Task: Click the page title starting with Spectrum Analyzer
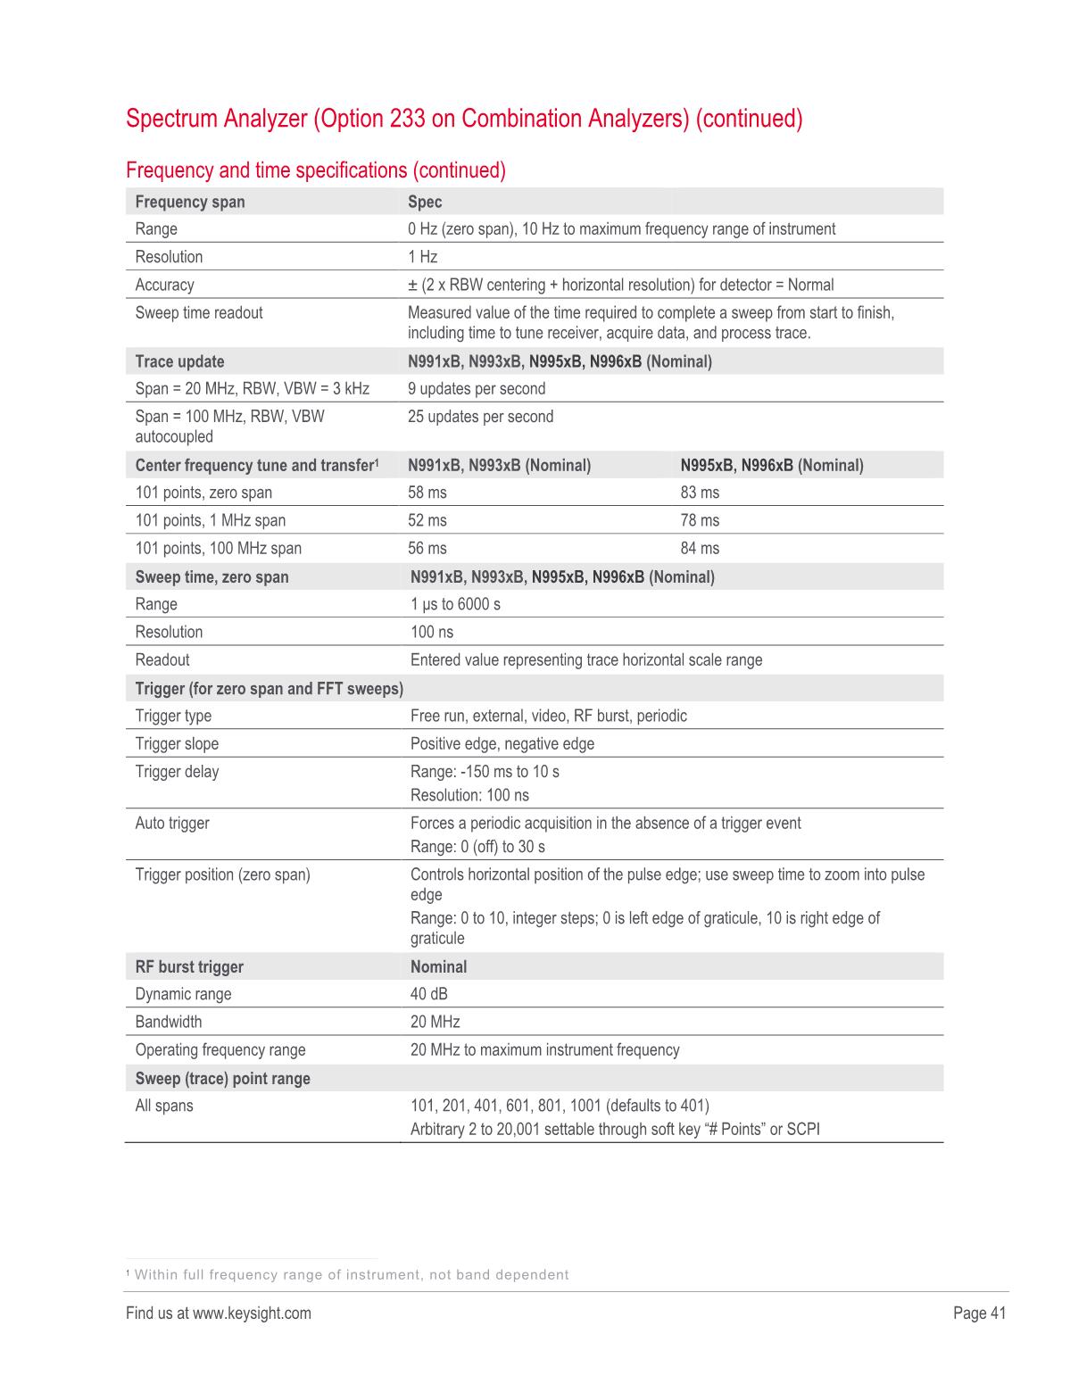click(464, 119)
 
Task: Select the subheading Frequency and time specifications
click(316, 170)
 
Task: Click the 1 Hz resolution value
click(423, 257)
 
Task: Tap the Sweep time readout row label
click(199, 313)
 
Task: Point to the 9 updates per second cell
click(477, 389)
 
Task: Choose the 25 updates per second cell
click(480, 417)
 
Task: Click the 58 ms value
click(427, 493)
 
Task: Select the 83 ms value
click(700, 493)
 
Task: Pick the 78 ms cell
click(700, 520)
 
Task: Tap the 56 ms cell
click(427, 548)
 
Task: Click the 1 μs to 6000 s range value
click(455, 604)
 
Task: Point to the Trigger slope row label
click(177, 744)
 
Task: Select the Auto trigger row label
click(172, 823)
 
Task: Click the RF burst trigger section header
click(189, 967)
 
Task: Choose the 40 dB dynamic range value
click(429, 994)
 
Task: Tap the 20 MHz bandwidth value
click(435, 1022)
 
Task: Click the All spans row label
click(164, 1106)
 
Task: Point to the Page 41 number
click(979, 1313)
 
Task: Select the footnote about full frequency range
click(348, 1274)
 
